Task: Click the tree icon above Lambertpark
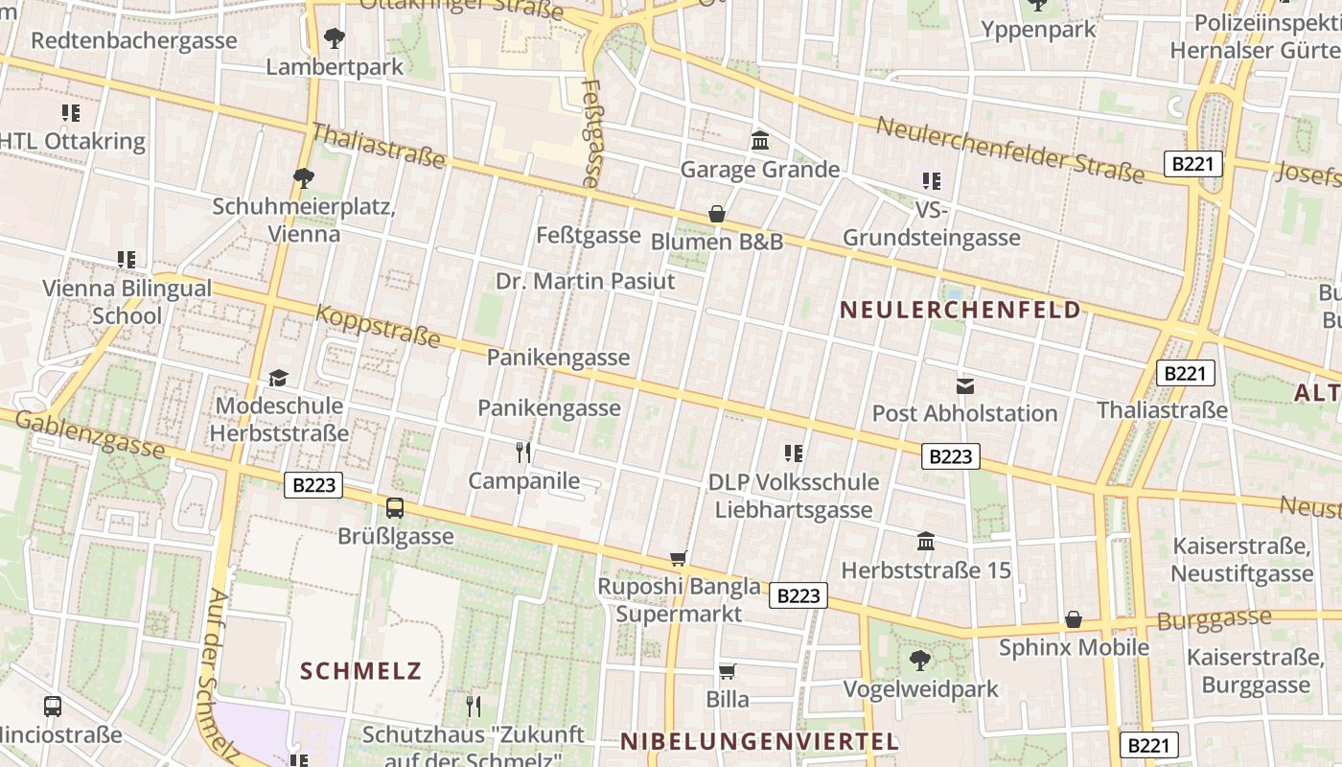point(335,38)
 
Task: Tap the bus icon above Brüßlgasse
point(395,508)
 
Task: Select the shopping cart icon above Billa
point(728,671)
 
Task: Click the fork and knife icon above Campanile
point(523,452)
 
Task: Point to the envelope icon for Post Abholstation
point(965,386)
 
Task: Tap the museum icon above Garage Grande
point(760,141)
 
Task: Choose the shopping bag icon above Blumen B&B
point(716,214)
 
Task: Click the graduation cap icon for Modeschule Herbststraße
point(278,378)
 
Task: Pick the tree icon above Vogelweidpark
point(920,661)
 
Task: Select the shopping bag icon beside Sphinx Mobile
point(1074,619)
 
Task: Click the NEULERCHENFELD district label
point(960,310)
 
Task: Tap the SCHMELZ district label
point(360,670)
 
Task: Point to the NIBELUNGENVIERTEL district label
point(759,741)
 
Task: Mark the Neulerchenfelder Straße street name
point(1009,150)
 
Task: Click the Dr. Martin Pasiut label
point(585,281)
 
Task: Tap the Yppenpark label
point(1038,30)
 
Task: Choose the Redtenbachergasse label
point(134,40)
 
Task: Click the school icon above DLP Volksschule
point(794,453)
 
